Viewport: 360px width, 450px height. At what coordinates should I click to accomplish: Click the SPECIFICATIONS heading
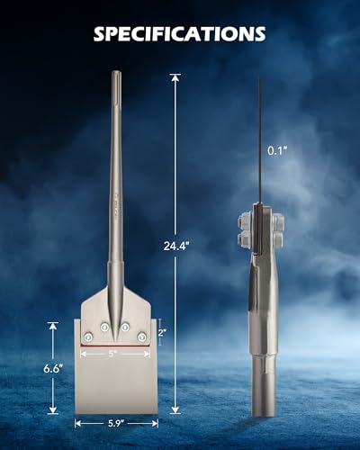179,33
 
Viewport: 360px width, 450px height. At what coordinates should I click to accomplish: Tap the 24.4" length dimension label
176,246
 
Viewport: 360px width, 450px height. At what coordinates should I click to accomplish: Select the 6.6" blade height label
53,368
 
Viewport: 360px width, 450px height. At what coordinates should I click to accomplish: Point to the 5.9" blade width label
116,423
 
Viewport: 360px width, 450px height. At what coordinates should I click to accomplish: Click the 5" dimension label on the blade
112,354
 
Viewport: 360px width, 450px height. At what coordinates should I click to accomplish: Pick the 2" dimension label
162,332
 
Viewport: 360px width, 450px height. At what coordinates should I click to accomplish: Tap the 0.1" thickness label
277,150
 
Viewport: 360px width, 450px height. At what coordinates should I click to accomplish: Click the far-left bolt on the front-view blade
88,337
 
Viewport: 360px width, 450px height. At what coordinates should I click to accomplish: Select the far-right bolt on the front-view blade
141,337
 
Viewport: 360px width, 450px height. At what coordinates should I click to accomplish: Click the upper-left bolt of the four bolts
104,328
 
